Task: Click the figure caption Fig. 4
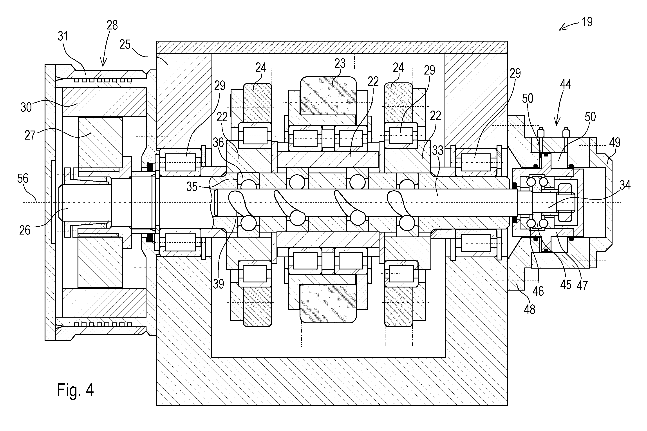pyautogui.click(x=75, y=390)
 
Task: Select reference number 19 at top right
pyautogui.click(x=587, y=22)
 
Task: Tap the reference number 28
pyautogui.click(x=112, y=25)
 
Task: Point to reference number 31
pyautogui.click(x=63, y=36)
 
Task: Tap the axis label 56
pyautogui.click(x=23, y=179)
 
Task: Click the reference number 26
pyautogui.click(x=25, y=230)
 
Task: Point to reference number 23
pyautogui.click(x=340, y=64)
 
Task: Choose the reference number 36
pyautogui.click(x=218, y=143)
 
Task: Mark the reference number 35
pyautogui.click(x=192, y=187)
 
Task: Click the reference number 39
pyautogui.click(x=219, y=284)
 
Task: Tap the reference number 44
pyautogui.click(x=565, y=84)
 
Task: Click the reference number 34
pyautogui.click(x=625, y=185)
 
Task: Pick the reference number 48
pyautogui.click(x=530, y=309)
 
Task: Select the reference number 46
pyautogui.click(x=538, y=291)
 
